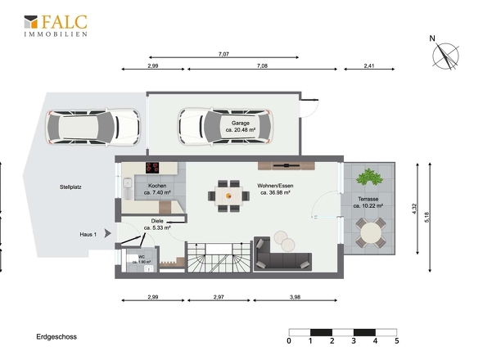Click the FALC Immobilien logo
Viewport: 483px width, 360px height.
56,26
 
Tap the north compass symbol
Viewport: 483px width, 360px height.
445,56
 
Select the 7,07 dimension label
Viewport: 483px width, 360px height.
223,54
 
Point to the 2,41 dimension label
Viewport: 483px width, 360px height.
368,65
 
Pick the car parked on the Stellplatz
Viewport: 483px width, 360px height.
93,127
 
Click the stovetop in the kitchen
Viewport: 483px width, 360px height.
152,168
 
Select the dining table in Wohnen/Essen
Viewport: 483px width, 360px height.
228,196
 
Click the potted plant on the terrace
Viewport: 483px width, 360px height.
369,177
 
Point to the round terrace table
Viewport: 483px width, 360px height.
370,233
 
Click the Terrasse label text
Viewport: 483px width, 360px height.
368,200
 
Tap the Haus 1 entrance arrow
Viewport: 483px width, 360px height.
107,233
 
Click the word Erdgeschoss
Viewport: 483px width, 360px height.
56,336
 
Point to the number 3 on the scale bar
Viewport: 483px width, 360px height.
354,341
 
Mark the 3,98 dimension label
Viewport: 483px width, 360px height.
295,297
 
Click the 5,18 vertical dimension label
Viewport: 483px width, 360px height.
427,218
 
